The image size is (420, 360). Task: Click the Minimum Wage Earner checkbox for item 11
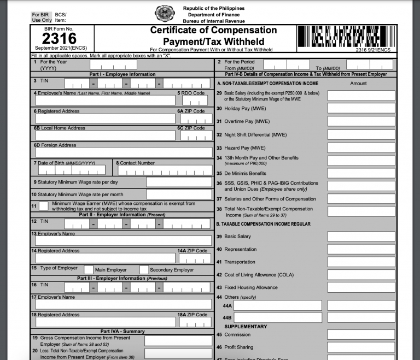[43, 206]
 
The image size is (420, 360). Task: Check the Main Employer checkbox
[89, 269]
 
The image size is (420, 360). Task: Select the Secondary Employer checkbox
[144, 269]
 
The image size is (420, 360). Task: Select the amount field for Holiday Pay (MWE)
[361, 108]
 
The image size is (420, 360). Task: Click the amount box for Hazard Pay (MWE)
[361, 147]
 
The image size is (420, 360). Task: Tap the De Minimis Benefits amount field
[361, 174]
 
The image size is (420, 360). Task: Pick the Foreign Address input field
[124, 152]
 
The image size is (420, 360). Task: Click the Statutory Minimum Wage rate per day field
[179, 182]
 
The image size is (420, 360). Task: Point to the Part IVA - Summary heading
[122, 331]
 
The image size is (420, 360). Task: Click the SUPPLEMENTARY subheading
[246, 327]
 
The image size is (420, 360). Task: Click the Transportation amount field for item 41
[361, 262]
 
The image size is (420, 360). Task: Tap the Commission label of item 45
[237, 335]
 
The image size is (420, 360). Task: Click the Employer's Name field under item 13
[124, 241]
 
